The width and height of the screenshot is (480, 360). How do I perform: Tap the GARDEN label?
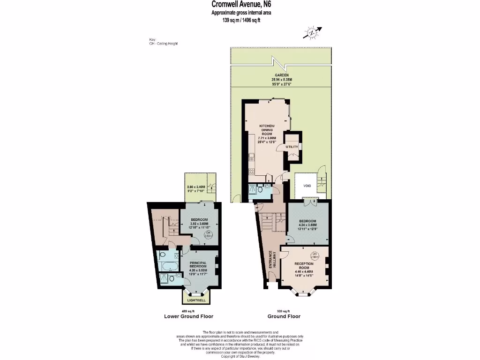281,75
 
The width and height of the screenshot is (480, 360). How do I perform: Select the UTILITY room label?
292,147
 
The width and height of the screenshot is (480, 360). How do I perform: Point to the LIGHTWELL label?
196,300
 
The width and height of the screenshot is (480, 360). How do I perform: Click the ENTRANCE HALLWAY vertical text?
270,259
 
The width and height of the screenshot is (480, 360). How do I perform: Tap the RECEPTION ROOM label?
304,266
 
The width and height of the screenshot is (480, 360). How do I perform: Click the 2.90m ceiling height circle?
314,255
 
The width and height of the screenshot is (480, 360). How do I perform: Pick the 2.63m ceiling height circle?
209,235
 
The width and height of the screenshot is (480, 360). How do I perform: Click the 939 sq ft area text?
281,311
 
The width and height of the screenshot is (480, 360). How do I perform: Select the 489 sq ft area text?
187,311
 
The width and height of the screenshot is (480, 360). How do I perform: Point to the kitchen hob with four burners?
252,172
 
